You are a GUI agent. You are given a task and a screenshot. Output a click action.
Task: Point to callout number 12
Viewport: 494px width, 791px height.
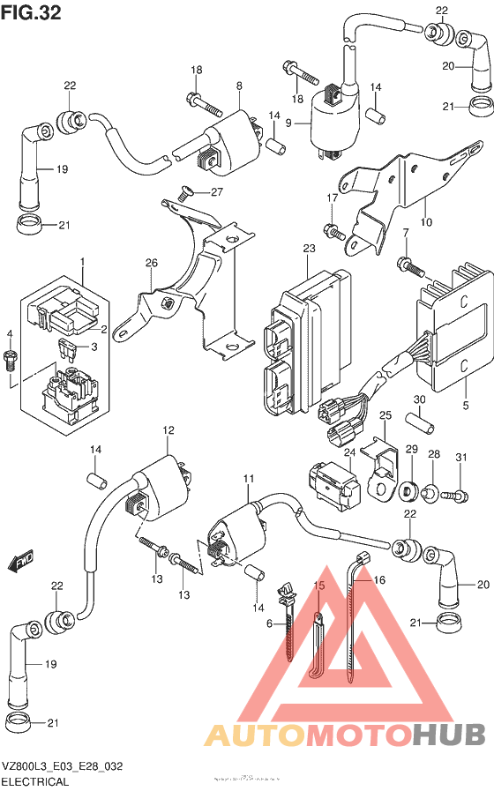coord(166,430)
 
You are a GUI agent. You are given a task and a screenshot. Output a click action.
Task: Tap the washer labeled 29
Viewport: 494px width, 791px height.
coord(410,488)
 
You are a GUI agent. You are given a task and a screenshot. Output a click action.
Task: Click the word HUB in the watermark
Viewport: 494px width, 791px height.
coord(450,734)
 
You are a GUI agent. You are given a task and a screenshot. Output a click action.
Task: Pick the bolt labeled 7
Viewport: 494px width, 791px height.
coord(407,264)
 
